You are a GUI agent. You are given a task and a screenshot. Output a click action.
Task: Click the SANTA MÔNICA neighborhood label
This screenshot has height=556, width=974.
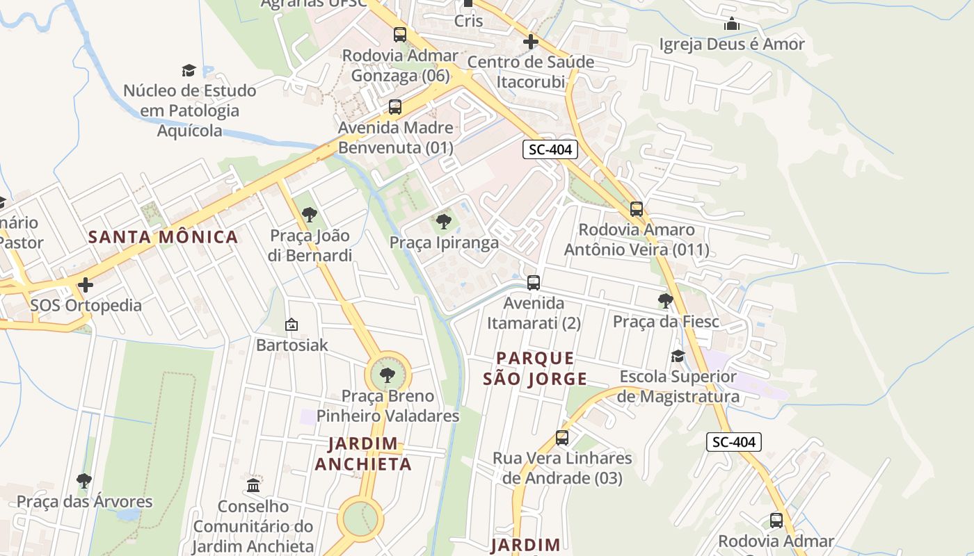(x=163, y=237)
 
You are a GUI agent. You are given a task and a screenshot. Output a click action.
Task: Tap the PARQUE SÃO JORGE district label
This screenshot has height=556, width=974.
(x=536, y=368)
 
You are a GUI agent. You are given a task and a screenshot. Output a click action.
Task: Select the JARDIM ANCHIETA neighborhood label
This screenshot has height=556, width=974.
(x=362, y=453)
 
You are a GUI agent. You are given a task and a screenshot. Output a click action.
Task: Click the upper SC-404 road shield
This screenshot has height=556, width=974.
(x=550, y=149)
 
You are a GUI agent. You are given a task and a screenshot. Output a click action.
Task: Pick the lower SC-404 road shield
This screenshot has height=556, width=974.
(x=734, y=442)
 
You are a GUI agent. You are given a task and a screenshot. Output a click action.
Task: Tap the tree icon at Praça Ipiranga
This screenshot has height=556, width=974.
(x=443, y=222)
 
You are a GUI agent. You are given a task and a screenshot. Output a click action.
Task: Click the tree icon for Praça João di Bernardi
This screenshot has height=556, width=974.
(x=310, y=215)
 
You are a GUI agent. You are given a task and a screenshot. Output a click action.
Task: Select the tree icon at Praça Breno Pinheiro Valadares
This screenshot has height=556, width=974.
(x=388, y=375)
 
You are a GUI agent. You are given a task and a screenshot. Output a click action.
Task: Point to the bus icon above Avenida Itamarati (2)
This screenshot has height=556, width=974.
(x=534, y=283)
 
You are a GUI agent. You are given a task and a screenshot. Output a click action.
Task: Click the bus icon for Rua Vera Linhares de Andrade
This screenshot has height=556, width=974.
(x=562, y=438)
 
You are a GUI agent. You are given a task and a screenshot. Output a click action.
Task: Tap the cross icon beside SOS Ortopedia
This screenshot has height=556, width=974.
(x=86, y=285)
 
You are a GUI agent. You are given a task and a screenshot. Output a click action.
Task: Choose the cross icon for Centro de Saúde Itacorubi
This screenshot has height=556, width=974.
(x=531, y=42)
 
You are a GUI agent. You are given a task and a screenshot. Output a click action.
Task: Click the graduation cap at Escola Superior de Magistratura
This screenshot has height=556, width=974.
(x=678, y=357)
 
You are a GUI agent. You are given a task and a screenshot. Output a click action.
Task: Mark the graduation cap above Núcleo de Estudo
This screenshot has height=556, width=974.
(x=189, y=70)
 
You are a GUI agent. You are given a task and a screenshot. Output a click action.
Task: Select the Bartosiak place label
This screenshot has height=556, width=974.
(x=292, y=345)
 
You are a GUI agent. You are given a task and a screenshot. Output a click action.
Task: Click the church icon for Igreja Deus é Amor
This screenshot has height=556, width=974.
(x=732, y=24)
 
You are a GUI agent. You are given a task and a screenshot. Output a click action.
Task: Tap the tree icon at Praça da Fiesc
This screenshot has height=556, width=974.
(x=666, y=301)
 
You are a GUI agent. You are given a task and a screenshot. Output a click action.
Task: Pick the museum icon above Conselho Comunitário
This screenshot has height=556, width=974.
(x=253, y=485)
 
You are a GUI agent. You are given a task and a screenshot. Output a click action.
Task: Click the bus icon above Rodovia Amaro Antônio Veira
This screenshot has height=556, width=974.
(x=637, y=208)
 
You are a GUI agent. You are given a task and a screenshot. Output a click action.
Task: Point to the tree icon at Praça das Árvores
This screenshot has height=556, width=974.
(x=84, y=480)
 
